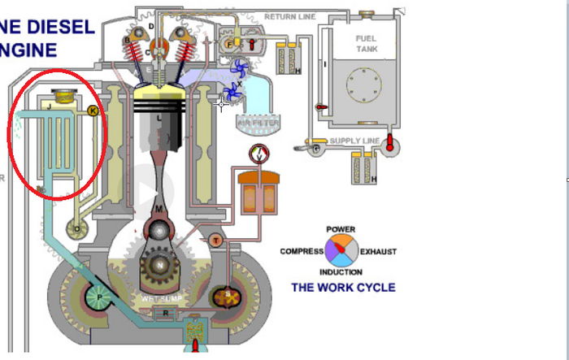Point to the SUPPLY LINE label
click(x=354, y=141)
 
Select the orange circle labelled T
click(x=215, y=240)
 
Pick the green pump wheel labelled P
click(x=101, y=298)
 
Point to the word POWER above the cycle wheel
click(x=340, y=230)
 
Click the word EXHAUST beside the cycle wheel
click(x=378, y=252)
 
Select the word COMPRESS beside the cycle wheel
click(x=302, y=252)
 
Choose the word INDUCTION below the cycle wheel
click(x=341, y=272)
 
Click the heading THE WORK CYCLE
click(x=343, y=288)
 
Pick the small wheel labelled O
click(x=77, y=229)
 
